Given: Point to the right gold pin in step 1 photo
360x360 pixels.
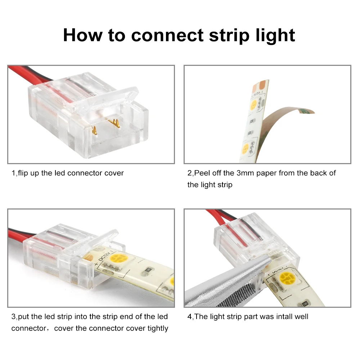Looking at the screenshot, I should pyautogui.click(x=116, y=124).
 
